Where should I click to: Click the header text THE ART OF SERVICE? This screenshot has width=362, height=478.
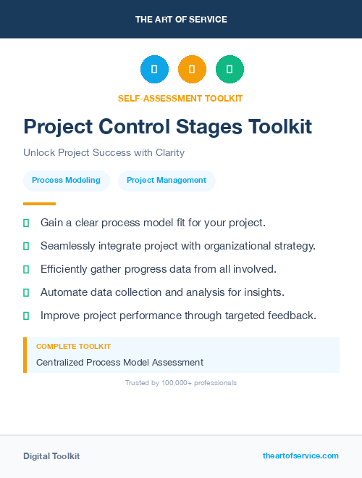click(181, 20)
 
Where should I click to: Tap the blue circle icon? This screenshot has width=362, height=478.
click(154, 70)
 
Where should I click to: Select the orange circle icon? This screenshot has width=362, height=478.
click(192, 70)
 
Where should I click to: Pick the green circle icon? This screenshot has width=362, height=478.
click(230, 70)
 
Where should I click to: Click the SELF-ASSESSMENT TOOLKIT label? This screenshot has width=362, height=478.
click(180, 98)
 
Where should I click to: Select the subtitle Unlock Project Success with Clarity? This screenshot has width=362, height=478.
click(104, 153)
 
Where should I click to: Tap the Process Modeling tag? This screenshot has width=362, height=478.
click(66, 181)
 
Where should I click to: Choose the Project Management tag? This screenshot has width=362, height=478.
click(167, 181)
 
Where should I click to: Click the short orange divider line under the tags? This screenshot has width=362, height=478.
click(39, 204)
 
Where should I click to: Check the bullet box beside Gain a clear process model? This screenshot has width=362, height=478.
click(26, 223)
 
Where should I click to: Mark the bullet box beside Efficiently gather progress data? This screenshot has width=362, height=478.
click(26, 269)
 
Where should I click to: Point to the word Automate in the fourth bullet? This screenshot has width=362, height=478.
click(64, 292)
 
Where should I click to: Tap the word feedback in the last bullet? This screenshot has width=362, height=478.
click(293, 316)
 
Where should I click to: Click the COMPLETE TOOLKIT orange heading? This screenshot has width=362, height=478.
click(73, 347)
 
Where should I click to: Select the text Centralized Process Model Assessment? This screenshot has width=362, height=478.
click(119, 362)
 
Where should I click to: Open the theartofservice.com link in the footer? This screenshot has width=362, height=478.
click(300, 456)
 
